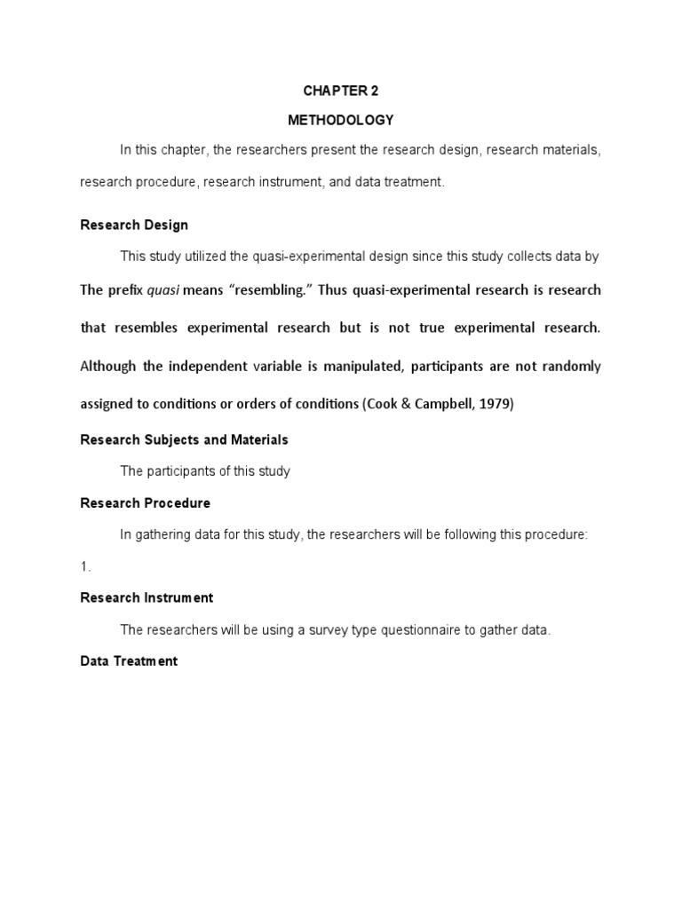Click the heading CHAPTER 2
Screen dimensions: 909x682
click(340, 91)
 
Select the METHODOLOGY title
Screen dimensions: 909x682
click(340, 120)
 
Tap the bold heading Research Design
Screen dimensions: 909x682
click(134, 225)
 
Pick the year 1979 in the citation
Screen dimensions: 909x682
click(493, 403)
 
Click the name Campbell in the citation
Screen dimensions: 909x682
click(440, 403)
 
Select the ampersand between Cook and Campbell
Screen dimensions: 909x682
click(402, 403)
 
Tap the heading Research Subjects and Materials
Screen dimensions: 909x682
click(184, 439)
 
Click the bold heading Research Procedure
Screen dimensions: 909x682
click(145, 503)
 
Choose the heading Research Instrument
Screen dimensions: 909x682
click(147, 597)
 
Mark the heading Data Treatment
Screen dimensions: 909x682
click(129, 660)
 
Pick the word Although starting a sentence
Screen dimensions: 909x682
click(109, 366)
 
